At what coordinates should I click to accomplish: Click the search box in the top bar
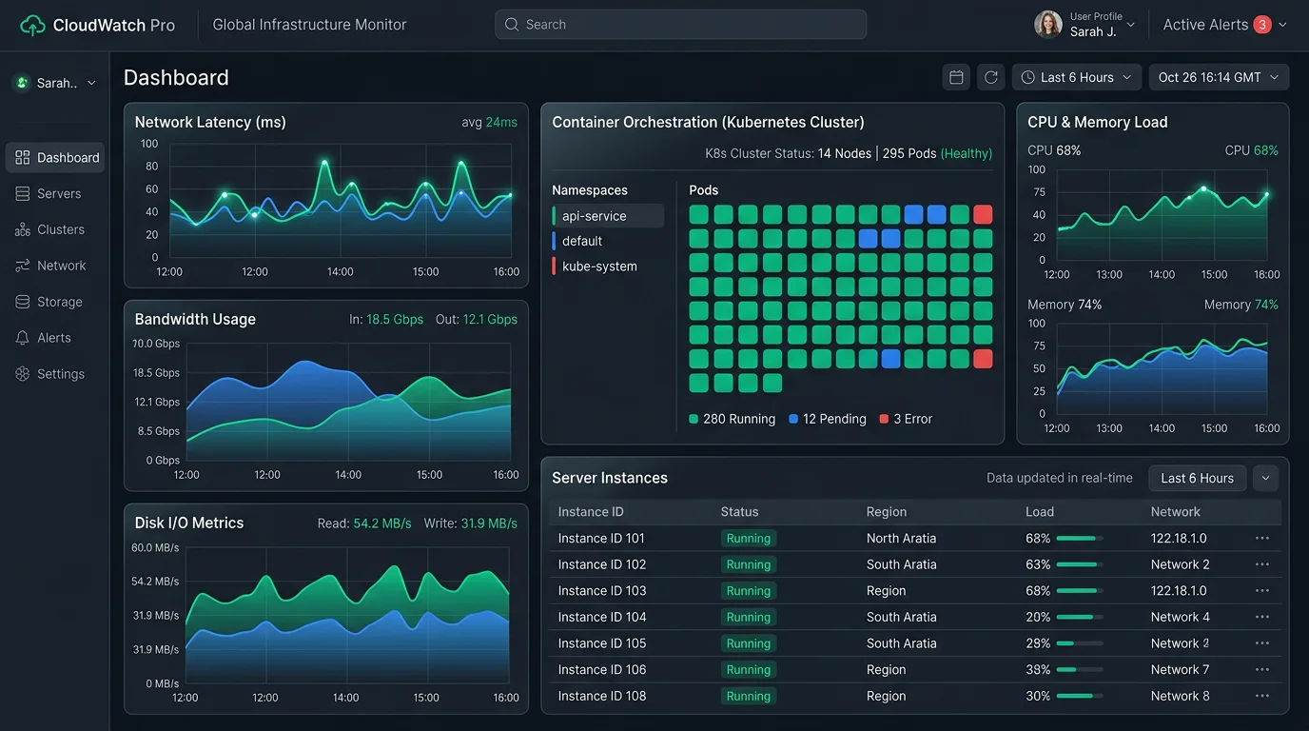(x=680, y=25)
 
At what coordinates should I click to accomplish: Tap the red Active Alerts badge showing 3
(x=1262, y=25)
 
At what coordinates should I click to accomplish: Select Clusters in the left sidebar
(x=60, y=229)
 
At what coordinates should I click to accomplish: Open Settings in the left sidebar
(x=60, y=374)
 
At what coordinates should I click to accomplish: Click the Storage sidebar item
(x=59, y=302)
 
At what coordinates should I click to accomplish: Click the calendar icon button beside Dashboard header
(x=956, y=77)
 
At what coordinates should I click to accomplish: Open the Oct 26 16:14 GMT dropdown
(x=1219, y=77)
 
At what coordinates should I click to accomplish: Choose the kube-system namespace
(x=599, y=267)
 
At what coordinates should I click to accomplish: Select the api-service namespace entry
(x=607, y=216)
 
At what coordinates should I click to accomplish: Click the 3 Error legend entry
(x=906, y=419)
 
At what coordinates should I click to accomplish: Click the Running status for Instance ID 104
(x=749, y=617)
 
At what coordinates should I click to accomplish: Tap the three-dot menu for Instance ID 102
(x=1261, y=564)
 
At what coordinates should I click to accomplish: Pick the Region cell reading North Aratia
(x=901, y=538)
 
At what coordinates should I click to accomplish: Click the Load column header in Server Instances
(x=1040, y=512)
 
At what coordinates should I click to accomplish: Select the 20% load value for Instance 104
(x=1038, y=617)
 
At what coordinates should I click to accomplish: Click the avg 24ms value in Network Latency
(x=489, y=122)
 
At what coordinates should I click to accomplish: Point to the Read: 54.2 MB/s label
(x=364, y=524)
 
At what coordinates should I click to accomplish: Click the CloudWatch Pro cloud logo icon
(x=32, y=26)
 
